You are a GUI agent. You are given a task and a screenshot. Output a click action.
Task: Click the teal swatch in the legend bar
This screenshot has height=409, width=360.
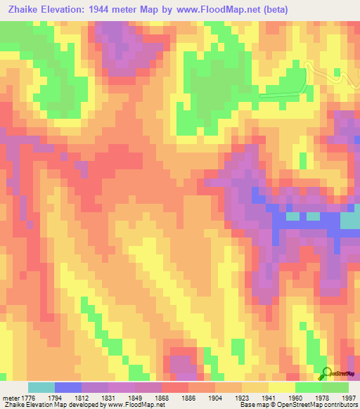(41, 387)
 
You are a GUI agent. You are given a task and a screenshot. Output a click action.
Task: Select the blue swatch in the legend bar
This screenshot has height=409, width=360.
(67, 387)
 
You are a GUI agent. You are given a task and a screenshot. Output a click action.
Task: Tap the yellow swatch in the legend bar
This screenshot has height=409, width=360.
(281, 387)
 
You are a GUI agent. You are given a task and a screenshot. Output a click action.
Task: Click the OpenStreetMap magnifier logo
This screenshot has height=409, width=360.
(326, 373)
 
